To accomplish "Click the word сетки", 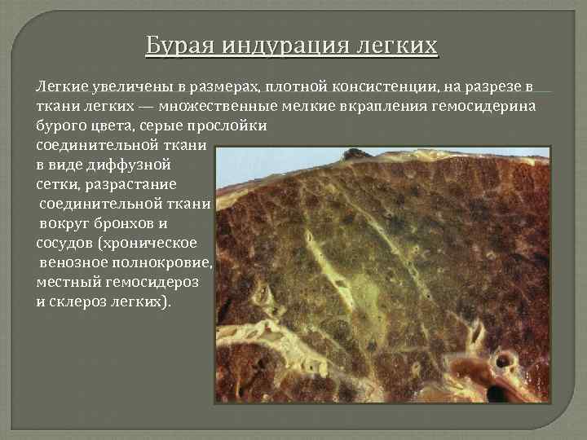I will (56, 184).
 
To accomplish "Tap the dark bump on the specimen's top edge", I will (355, 152).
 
